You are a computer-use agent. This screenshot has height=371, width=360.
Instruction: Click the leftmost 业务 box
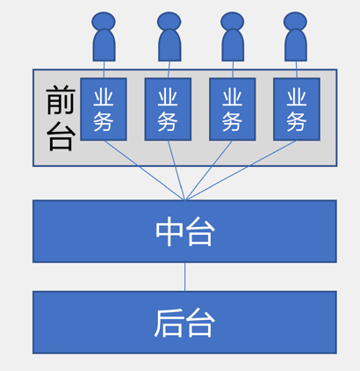pos(104,109)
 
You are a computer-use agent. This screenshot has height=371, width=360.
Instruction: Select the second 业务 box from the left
pos(168,109)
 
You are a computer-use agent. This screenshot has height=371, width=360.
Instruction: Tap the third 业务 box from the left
pos(233,109)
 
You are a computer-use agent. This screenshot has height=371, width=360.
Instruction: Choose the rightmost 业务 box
pos(297,109)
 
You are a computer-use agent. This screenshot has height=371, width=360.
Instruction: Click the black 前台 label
pos(61,118)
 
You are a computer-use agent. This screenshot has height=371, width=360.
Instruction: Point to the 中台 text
pos(185,231)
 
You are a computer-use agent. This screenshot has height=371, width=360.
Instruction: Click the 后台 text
pos(185,323)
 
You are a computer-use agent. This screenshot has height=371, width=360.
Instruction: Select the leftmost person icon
pos(104,37)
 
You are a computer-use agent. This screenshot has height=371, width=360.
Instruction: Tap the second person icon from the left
pos(169,37)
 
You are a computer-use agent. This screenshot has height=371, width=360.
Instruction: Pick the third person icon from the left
pos(233,37)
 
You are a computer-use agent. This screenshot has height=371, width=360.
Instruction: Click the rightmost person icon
pos(295,37)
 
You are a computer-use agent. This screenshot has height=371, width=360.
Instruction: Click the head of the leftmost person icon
pos(104,21)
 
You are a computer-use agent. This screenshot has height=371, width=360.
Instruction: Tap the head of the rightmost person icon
pos(295,21)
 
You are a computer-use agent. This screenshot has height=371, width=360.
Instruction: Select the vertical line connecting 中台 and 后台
pos(184,277)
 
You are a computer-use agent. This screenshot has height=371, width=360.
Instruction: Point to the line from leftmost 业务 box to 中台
pos(145,171)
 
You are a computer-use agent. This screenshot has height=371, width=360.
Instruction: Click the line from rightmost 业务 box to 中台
pos(241,171)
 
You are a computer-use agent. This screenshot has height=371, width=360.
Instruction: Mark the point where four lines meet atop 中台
pos(185,200)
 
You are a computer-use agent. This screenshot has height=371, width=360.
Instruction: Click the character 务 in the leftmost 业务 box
pos(104,121)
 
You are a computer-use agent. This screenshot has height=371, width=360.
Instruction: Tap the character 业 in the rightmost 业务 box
pos(297,98)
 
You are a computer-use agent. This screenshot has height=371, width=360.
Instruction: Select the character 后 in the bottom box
pos(169,323)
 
